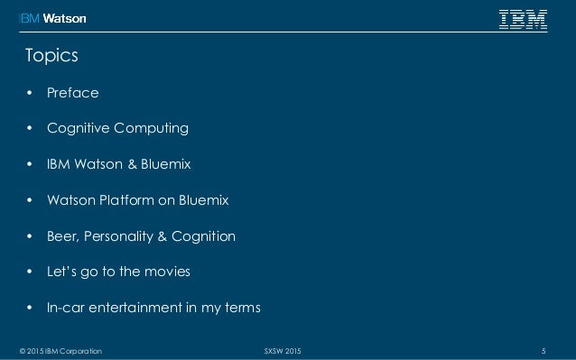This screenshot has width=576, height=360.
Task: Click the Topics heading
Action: [x=51, y=57]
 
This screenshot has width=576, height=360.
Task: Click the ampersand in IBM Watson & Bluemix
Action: [x=131, y=164]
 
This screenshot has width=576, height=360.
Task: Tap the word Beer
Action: [x=62, y=236]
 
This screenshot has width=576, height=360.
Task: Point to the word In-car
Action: [x=67, y=309]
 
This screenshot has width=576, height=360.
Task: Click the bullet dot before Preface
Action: [x=28, y=92]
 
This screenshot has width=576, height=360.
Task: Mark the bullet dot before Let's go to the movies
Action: [x=28, y=272]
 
